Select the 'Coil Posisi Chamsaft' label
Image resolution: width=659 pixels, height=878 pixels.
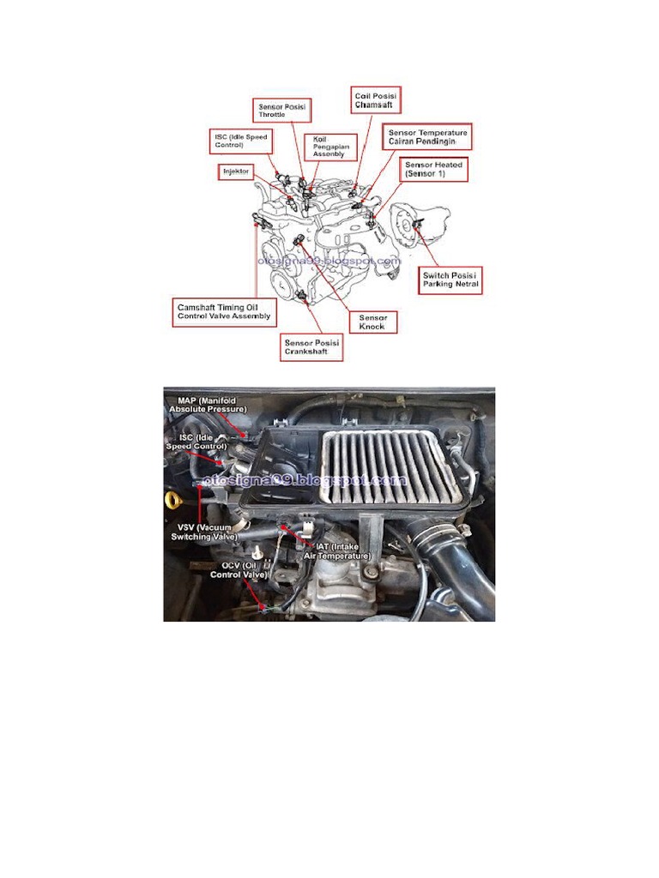(x=376, y=99)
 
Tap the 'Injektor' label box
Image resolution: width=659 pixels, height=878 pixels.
(x=237, y=171)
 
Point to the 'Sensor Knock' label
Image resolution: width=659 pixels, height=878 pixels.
(x=373, y=322)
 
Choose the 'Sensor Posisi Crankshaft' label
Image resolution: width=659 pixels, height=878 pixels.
(x=312, y=347)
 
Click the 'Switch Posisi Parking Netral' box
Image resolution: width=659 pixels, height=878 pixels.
(x=450, y=280)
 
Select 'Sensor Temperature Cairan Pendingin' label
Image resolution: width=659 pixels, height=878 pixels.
(x=427, y=137)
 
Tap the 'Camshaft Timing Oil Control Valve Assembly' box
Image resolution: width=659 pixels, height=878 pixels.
(x=224, y=310)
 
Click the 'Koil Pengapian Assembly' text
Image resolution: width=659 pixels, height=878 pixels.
(x=330, y=147)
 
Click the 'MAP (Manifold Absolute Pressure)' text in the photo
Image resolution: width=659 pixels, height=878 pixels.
(x=208, y=405)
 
